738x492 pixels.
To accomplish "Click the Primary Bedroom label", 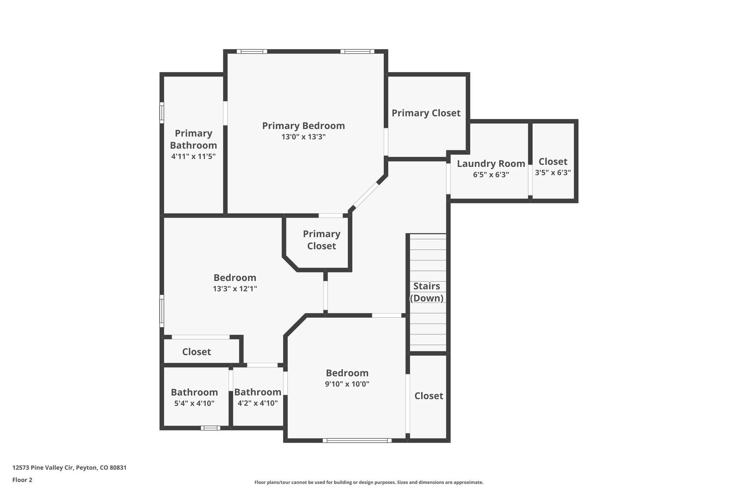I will pos(303,126).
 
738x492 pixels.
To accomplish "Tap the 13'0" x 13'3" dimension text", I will pos(303,137).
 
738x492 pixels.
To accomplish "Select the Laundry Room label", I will pos(491,164).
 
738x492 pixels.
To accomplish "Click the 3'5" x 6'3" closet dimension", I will pos(553,173).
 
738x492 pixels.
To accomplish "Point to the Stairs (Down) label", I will pos(427,292).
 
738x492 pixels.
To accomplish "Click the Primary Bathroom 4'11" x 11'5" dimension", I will pos(194,156).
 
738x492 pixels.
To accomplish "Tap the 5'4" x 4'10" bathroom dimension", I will pos(194,403).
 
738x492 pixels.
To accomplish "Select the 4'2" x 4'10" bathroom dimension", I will pos(258,403).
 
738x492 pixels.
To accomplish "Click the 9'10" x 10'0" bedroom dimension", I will pos(347,384).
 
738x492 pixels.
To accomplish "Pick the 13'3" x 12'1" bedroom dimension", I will pos(235,289).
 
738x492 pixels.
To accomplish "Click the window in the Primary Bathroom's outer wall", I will pos(162,113).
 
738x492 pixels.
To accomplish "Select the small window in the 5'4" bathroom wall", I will pos(210,428).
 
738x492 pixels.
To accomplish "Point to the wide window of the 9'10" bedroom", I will pos(357,440).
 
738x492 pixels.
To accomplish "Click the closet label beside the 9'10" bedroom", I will pos(428,396).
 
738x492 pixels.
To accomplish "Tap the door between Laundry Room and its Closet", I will pos(530,179).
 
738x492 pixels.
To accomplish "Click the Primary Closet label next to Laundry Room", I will pos(426,113).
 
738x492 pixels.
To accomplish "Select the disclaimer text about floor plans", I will pos(369,482).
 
